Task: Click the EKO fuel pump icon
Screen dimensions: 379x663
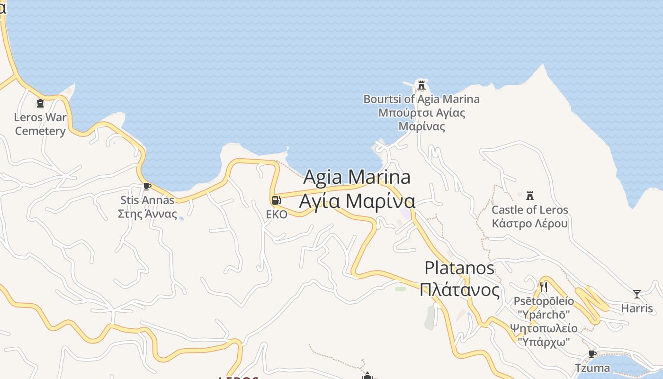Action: point(277,200)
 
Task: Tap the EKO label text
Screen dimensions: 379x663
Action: point(277,215)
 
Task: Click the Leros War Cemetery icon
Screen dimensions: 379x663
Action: point(40,103)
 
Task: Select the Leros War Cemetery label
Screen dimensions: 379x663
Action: point(40,124)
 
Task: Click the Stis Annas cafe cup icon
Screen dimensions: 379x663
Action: point(147,186)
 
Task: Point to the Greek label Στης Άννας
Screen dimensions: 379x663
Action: point(147,214)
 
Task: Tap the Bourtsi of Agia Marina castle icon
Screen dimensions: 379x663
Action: point(421,85)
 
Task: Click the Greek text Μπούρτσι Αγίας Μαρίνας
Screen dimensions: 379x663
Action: point(421,119)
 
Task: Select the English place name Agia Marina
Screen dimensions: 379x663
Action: point(357,177)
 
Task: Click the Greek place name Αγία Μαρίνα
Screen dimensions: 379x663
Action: point(357,201)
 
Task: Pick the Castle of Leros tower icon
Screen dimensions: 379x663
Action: point(530,195)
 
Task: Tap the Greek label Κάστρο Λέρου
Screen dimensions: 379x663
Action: point(529,223)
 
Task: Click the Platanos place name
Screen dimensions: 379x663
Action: point(459,268)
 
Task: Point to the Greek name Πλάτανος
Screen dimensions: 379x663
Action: point(459,289)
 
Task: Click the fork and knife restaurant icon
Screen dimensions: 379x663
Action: point(544,287)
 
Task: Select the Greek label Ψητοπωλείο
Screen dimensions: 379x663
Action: point(544,328)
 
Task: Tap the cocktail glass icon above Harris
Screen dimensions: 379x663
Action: point(637,294)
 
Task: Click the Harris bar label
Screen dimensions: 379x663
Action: point(637,308)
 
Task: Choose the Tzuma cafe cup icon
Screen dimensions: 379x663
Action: point(592,354)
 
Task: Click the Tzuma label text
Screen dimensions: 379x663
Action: point(592,368)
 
